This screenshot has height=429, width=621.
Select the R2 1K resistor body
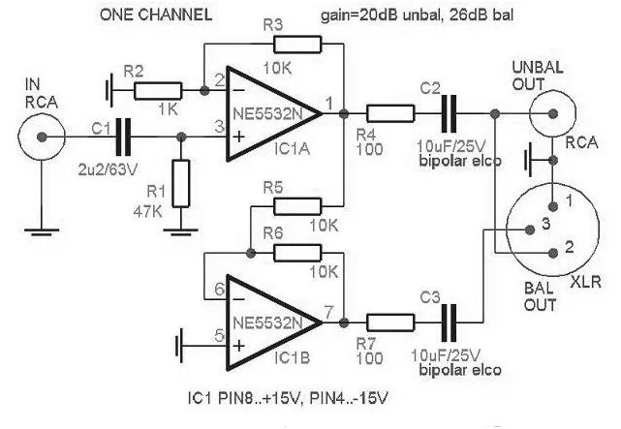coord(159,91)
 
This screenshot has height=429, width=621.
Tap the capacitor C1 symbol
coord(121,137)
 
